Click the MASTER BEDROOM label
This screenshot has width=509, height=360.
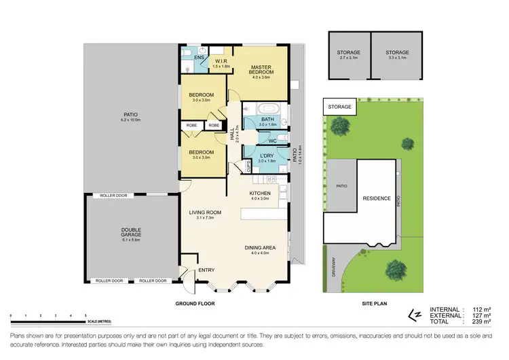point(261,69)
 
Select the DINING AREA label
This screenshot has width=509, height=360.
point(261,249)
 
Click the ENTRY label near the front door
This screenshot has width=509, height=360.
point(206,271)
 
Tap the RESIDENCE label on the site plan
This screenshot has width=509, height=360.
point(376,199)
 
